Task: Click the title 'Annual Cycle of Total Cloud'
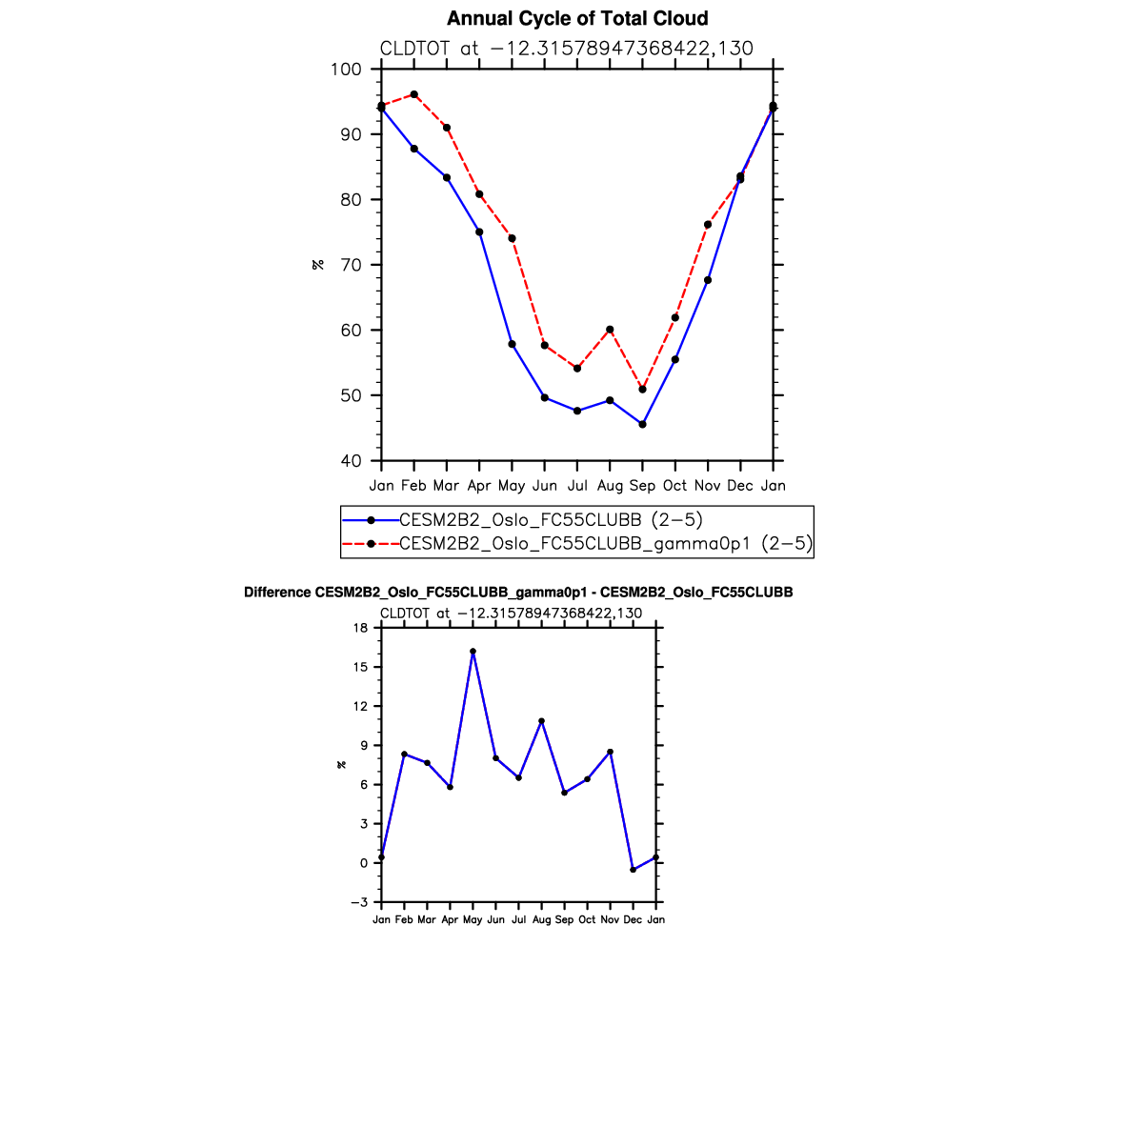[577, 19]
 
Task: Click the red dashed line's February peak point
[414, 94]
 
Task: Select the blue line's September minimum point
[642, 424]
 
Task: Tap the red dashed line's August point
[610, 330]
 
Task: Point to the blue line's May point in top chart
[512, 344]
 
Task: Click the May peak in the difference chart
[473, 652]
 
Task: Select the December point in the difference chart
[633, 870]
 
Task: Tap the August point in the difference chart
[541, 721]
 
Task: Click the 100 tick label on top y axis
[346, 70]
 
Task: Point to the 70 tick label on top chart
[352, 265]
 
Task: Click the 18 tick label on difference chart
[360, 628]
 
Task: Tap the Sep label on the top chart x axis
[642, 486]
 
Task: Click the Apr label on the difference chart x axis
[450, 920]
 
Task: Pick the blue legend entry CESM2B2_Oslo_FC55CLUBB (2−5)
[551, 520]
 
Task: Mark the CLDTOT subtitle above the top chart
[566, 49]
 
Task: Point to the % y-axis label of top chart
[318, 265]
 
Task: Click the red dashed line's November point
[708, 225]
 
